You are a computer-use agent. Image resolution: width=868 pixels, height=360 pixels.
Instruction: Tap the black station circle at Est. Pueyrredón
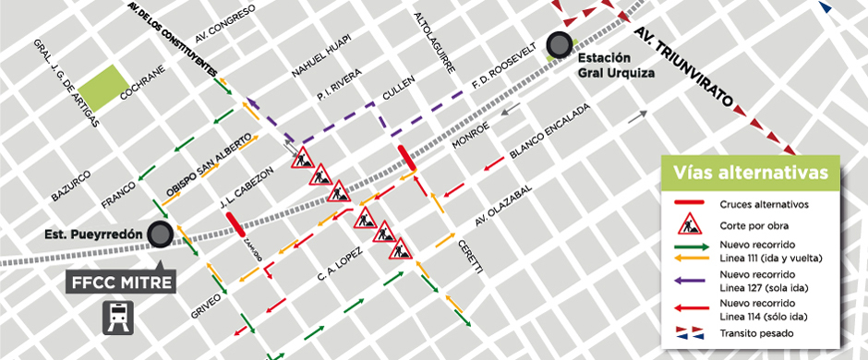162,234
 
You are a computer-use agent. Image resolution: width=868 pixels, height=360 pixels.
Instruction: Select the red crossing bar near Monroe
406,158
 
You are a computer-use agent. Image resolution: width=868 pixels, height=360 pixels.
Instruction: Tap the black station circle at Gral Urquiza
559,43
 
